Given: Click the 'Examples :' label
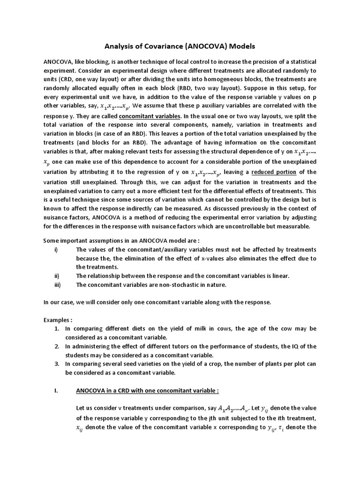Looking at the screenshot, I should point(58,320).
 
